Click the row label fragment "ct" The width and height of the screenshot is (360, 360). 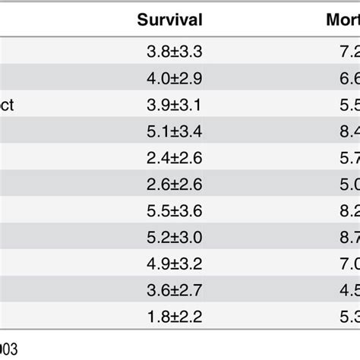[7, 106]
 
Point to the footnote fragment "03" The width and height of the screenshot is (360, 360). [8, 349]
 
